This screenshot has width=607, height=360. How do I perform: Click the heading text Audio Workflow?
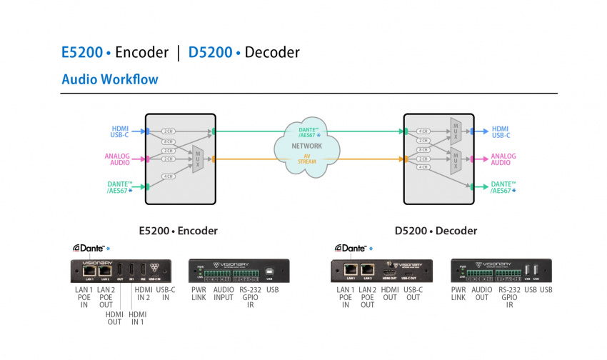110,79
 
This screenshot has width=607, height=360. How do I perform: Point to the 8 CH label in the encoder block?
169,141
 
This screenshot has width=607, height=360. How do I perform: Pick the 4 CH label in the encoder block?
169,175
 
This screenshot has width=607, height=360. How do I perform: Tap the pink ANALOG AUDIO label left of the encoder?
116,159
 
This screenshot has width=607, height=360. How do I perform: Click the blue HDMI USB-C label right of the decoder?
501,131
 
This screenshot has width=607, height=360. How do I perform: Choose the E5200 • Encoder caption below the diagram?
178,231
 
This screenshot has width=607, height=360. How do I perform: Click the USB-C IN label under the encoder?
165,294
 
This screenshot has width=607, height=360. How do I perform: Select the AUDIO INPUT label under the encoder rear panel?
223,294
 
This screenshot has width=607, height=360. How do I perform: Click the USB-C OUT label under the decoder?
413,294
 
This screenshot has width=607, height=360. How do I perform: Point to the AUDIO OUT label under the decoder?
482,294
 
